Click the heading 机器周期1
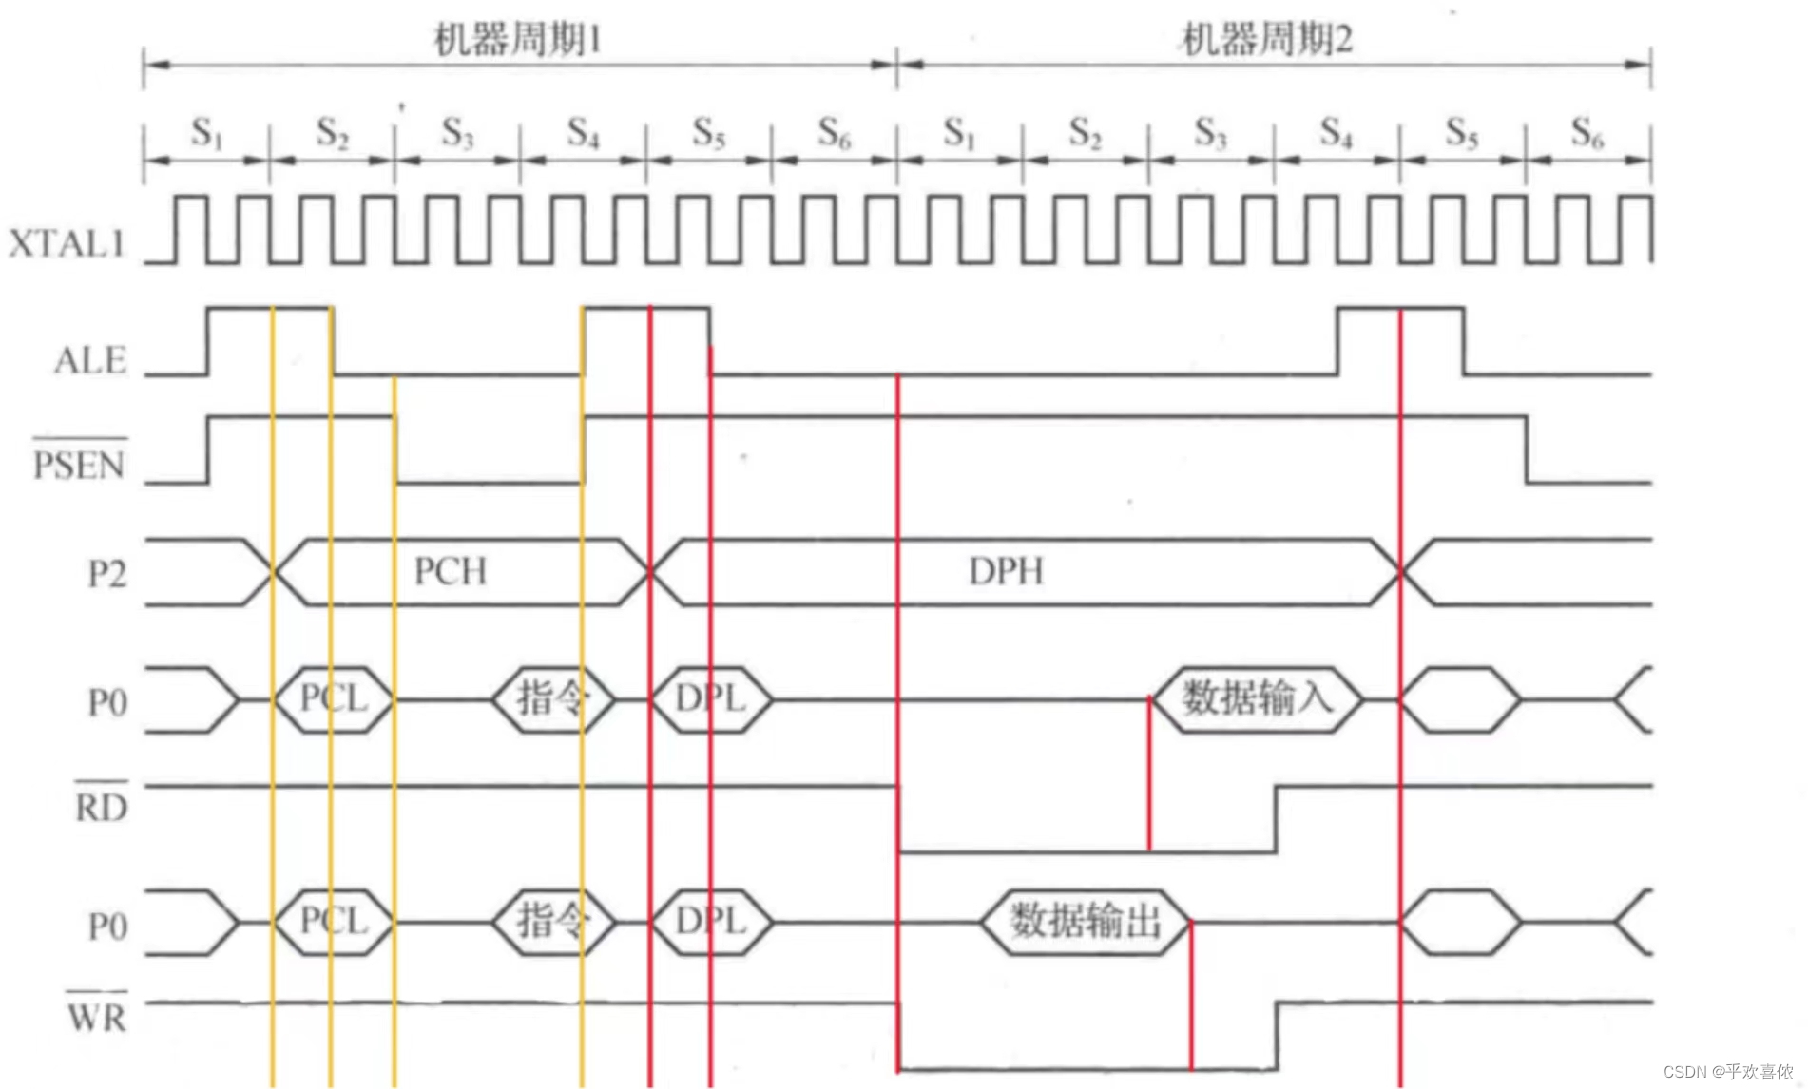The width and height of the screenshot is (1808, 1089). click(x=518, y=40)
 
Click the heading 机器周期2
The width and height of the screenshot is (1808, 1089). click(x=1266, y=40)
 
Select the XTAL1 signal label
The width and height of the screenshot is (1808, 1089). click(x=67, y=244)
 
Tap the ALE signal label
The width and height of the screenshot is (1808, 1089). click(x=90, y=360)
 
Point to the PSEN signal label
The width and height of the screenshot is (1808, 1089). click(x=79, y=465)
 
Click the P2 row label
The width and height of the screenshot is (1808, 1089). click(x=106, y=574)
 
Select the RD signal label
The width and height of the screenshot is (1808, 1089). click(x=101, y=807)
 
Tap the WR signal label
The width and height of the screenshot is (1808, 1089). click(x=96, y=1017)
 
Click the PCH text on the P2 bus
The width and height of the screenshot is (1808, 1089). click(x=451, y=571)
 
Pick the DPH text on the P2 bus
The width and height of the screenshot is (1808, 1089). click(x=1006, y=571)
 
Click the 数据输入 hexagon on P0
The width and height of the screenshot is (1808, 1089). click(x=1257, y=699)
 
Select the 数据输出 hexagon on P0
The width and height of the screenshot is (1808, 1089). click(x=1085, y=921)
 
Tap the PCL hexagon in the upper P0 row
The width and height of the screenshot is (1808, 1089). click(x=334, y=699)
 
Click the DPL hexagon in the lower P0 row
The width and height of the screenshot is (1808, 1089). click(x=711, y=921)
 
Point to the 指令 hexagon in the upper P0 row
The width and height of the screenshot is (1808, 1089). click(x=552, y=699)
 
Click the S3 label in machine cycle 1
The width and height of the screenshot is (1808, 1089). click(x=457, y=133)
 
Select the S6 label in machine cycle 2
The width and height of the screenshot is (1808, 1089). click(x=1587, y=133)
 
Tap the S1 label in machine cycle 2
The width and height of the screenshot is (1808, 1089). click(x=958, y=133)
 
